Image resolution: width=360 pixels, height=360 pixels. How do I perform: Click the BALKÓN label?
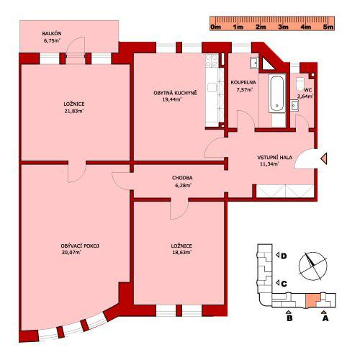click(52, 33)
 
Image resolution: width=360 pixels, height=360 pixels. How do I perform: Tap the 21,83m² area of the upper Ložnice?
click(74, 111)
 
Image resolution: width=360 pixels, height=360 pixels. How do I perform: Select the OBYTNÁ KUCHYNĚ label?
click(175, 93)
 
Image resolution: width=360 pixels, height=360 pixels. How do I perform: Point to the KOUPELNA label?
click(243, 83)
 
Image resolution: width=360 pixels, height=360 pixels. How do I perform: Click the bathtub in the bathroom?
click(277, 94)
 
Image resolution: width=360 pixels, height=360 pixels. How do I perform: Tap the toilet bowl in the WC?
click(300, 84)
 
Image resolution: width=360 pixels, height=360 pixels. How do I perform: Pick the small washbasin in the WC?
click(294, 106)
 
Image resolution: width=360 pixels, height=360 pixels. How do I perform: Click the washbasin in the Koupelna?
click(254, 63)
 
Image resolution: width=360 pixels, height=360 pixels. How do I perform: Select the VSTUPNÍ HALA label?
click(275, 158)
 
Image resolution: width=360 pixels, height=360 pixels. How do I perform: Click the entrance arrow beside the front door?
click(323, 158)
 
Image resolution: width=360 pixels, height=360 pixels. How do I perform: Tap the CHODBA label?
click(182, 178)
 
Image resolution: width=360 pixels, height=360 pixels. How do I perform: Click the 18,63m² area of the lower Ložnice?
click(181, 252)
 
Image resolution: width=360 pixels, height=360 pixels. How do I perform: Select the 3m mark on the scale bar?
click(283, 27)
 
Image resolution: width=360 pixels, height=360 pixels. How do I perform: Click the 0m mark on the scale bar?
click(215, 27)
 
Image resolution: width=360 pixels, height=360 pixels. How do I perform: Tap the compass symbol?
click(312, 266)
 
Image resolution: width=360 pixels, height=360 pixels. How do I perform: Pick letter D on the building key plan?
click(284, 256)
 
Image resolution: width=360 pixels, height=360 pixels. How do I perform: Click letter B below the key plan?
click(289, 318)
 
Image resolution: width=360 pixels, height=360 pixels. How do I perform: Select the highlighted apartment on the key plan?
click(312, 301)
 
